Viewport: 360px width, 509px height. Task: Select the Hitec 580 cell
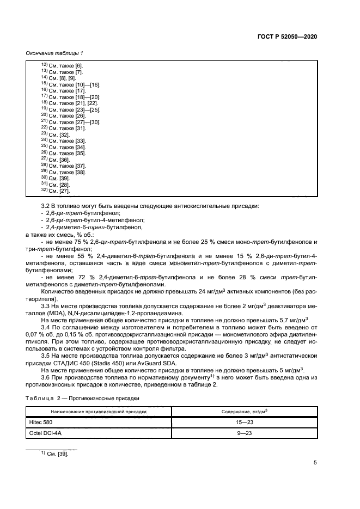pyautogui.click(x=40, y=422)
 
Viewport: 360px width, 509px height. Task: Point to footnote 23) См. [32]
pyautogui.click(x=56, y=134)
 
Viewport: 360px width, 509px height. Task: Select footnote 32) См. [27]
pyautogui.click(x=56, y=191)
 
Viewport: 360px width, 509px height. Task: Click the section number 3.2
pyautogui.click(x=46, y=206)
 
